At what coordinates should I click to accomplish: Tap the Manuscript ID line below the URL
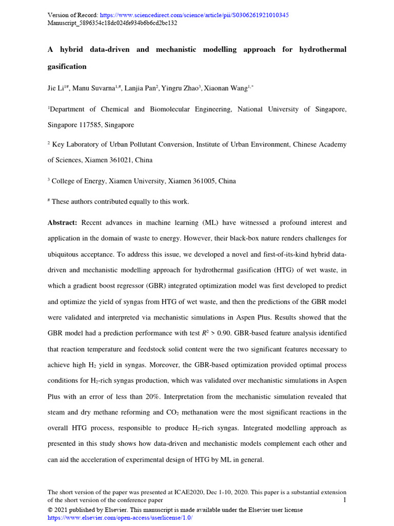pyautogui.click(x=112, y=23)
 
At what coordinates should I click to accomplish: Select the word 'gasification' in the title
pyautogui.click(x=67, y=66)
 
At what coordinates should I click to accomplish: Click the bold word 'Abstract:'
pyautogui.click(x=62, y=222)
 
